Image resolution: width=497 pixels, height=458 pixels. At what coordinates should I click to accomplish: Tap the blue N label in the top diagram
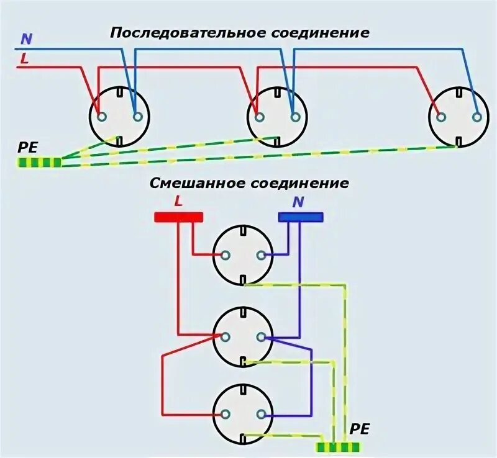point(25,38)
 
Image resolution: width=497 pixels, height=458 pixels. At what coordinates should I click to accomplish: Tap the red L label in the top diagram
point(24,59)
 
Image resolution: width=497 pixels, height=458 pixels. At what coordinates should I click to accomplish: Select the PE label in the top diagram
point(28,148)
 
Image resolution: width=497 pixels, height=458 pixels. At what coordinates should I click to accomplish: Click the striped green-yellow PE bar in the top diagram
point(39,163)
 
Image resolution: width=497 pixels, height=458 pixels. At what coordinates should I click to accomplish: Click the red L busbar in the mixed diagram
point(179,217)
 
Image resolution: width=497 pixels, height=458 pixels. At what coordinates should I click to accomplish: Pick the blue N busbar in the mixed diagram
point(301,217)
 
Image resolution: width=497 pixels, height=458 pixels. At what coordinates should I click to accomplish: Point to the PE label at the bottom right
point(360,429)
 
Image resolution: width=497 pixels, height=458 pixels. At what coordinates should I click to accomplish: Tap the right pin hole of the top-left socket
point(137,116)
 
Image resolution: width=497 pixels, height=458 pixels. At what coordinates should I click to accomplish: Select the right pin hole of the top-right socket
point(476,116)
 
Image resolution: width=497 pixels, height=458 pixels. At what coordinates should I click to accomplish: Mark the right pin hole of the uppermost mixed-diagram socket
point(261,254)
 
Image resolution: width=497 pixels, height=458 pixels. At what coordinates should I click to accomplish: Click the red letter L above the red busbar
point(179,200)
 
